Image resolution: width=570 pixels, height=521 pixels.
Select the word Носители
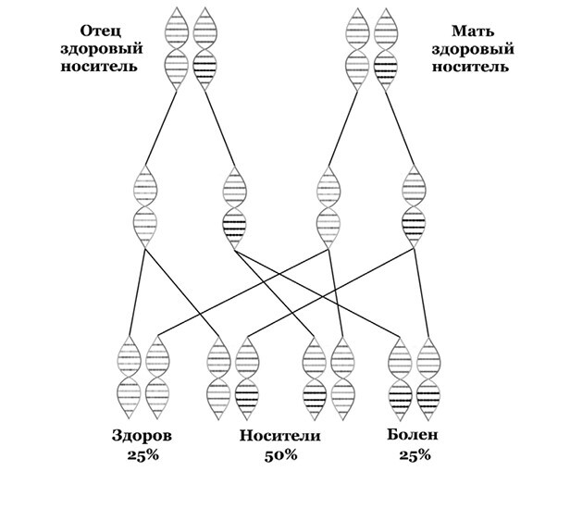pos(281,436)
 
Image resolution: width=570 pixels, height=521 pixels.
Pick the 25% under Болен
pos(414,453)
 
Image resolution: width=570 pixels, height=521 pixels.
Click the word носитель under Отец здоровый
pos(103,67)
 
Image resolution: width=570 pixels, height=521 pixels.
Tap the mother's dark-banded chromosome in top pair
pos(383,51)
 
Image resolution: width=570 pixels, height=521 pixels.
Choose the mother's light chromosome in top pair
pos(354,51)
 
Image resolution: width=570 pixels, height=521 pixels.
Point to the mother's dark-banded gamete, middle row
pos(414,205)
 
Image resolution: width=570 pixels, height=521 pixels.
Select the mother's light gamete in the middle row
pos(327,205)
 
